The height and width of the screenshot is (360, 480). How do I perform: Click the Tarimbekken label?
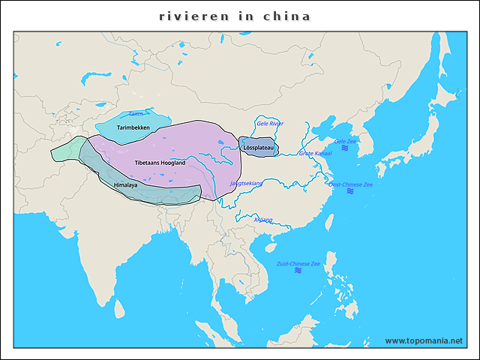click(133, 128)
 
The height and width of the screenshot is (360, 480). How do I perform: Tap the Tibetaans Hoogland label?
click(160, 163)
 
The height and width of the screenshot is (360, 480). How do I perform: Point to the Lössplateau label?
click(259, 148)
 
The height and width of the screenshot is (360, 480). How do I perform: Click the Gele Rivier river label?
click(270, 124)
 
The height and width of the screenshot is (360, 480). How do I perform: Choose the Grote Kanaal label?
click(315, 153)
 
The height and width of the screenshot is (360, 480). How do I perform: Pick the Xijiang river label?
click(263, 220)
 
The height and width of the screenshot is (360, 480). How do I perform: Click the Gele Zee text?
click(345, 141)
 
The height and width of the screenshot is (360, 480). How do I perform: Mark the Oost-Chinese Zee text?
click(350, 184)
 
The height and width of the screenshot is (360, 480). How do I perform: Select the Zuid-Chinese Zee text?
click(298, 264)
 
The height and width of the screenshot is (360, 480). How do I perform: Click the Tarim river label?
click(135, 114)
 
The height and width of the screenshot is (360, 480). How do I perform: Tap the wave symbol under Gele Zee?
click(345, 148)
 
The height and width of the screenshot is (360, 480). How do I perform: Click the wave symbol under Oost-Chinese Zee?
click(350, 192)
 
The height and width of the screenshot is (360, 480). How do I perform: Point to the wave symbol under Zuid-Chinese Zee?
click(298, 271)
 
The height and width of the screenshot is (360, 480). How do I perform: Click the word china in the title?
click(287, 16)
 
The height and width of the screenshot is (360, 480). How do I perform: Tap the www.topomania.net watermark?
click(424, 340)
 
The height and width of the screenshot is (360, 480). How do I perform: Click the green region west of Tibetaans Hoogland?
click(64, 148)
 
